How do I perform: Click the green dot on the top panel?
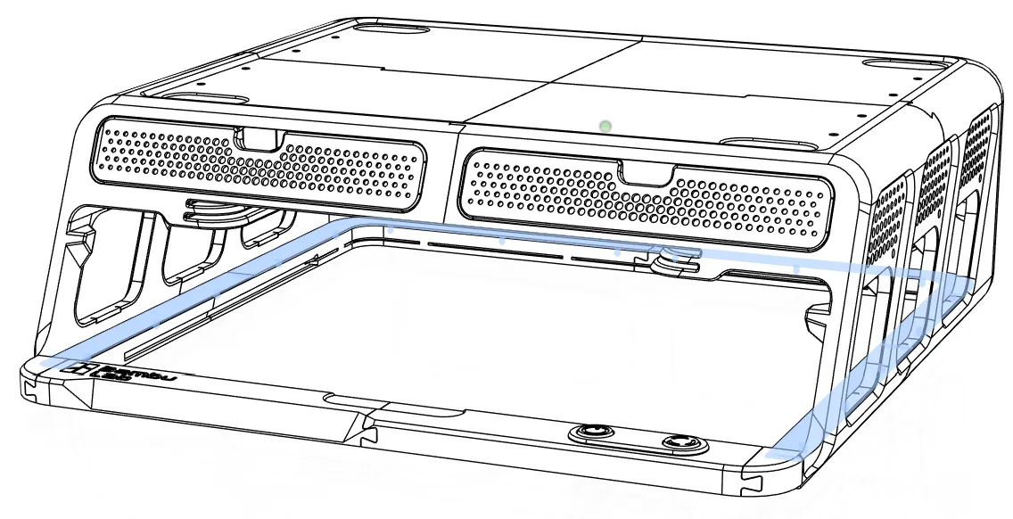point(606,127)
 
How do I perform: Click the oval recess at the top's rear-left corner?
point(391,29)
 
